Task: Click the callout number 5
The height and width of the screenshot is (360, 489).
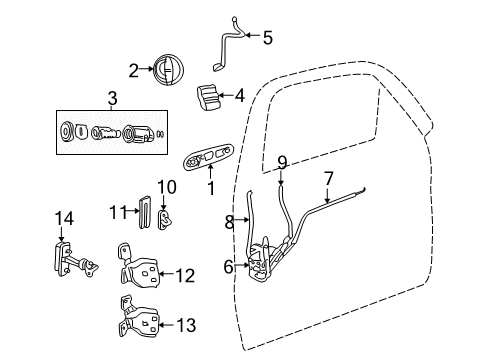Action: pyautogui.click(x=267, y=38)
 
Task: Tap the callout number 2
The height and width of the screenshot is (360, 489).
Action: pyautogui.click(x=133, y=70)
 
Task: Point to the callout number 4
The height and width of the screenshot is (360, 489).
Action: pyautogui.click(x=239, y=96)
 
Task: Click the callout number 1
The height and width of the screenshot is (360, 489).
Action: pyautogui.click(x=211, y=186)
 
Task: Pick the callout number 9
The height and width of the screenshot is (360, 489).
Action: pyautogui.click(x=282, y=161)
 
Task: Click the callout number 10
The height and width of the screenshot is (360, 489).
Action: pyautogui.click(x=167, y=186)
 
